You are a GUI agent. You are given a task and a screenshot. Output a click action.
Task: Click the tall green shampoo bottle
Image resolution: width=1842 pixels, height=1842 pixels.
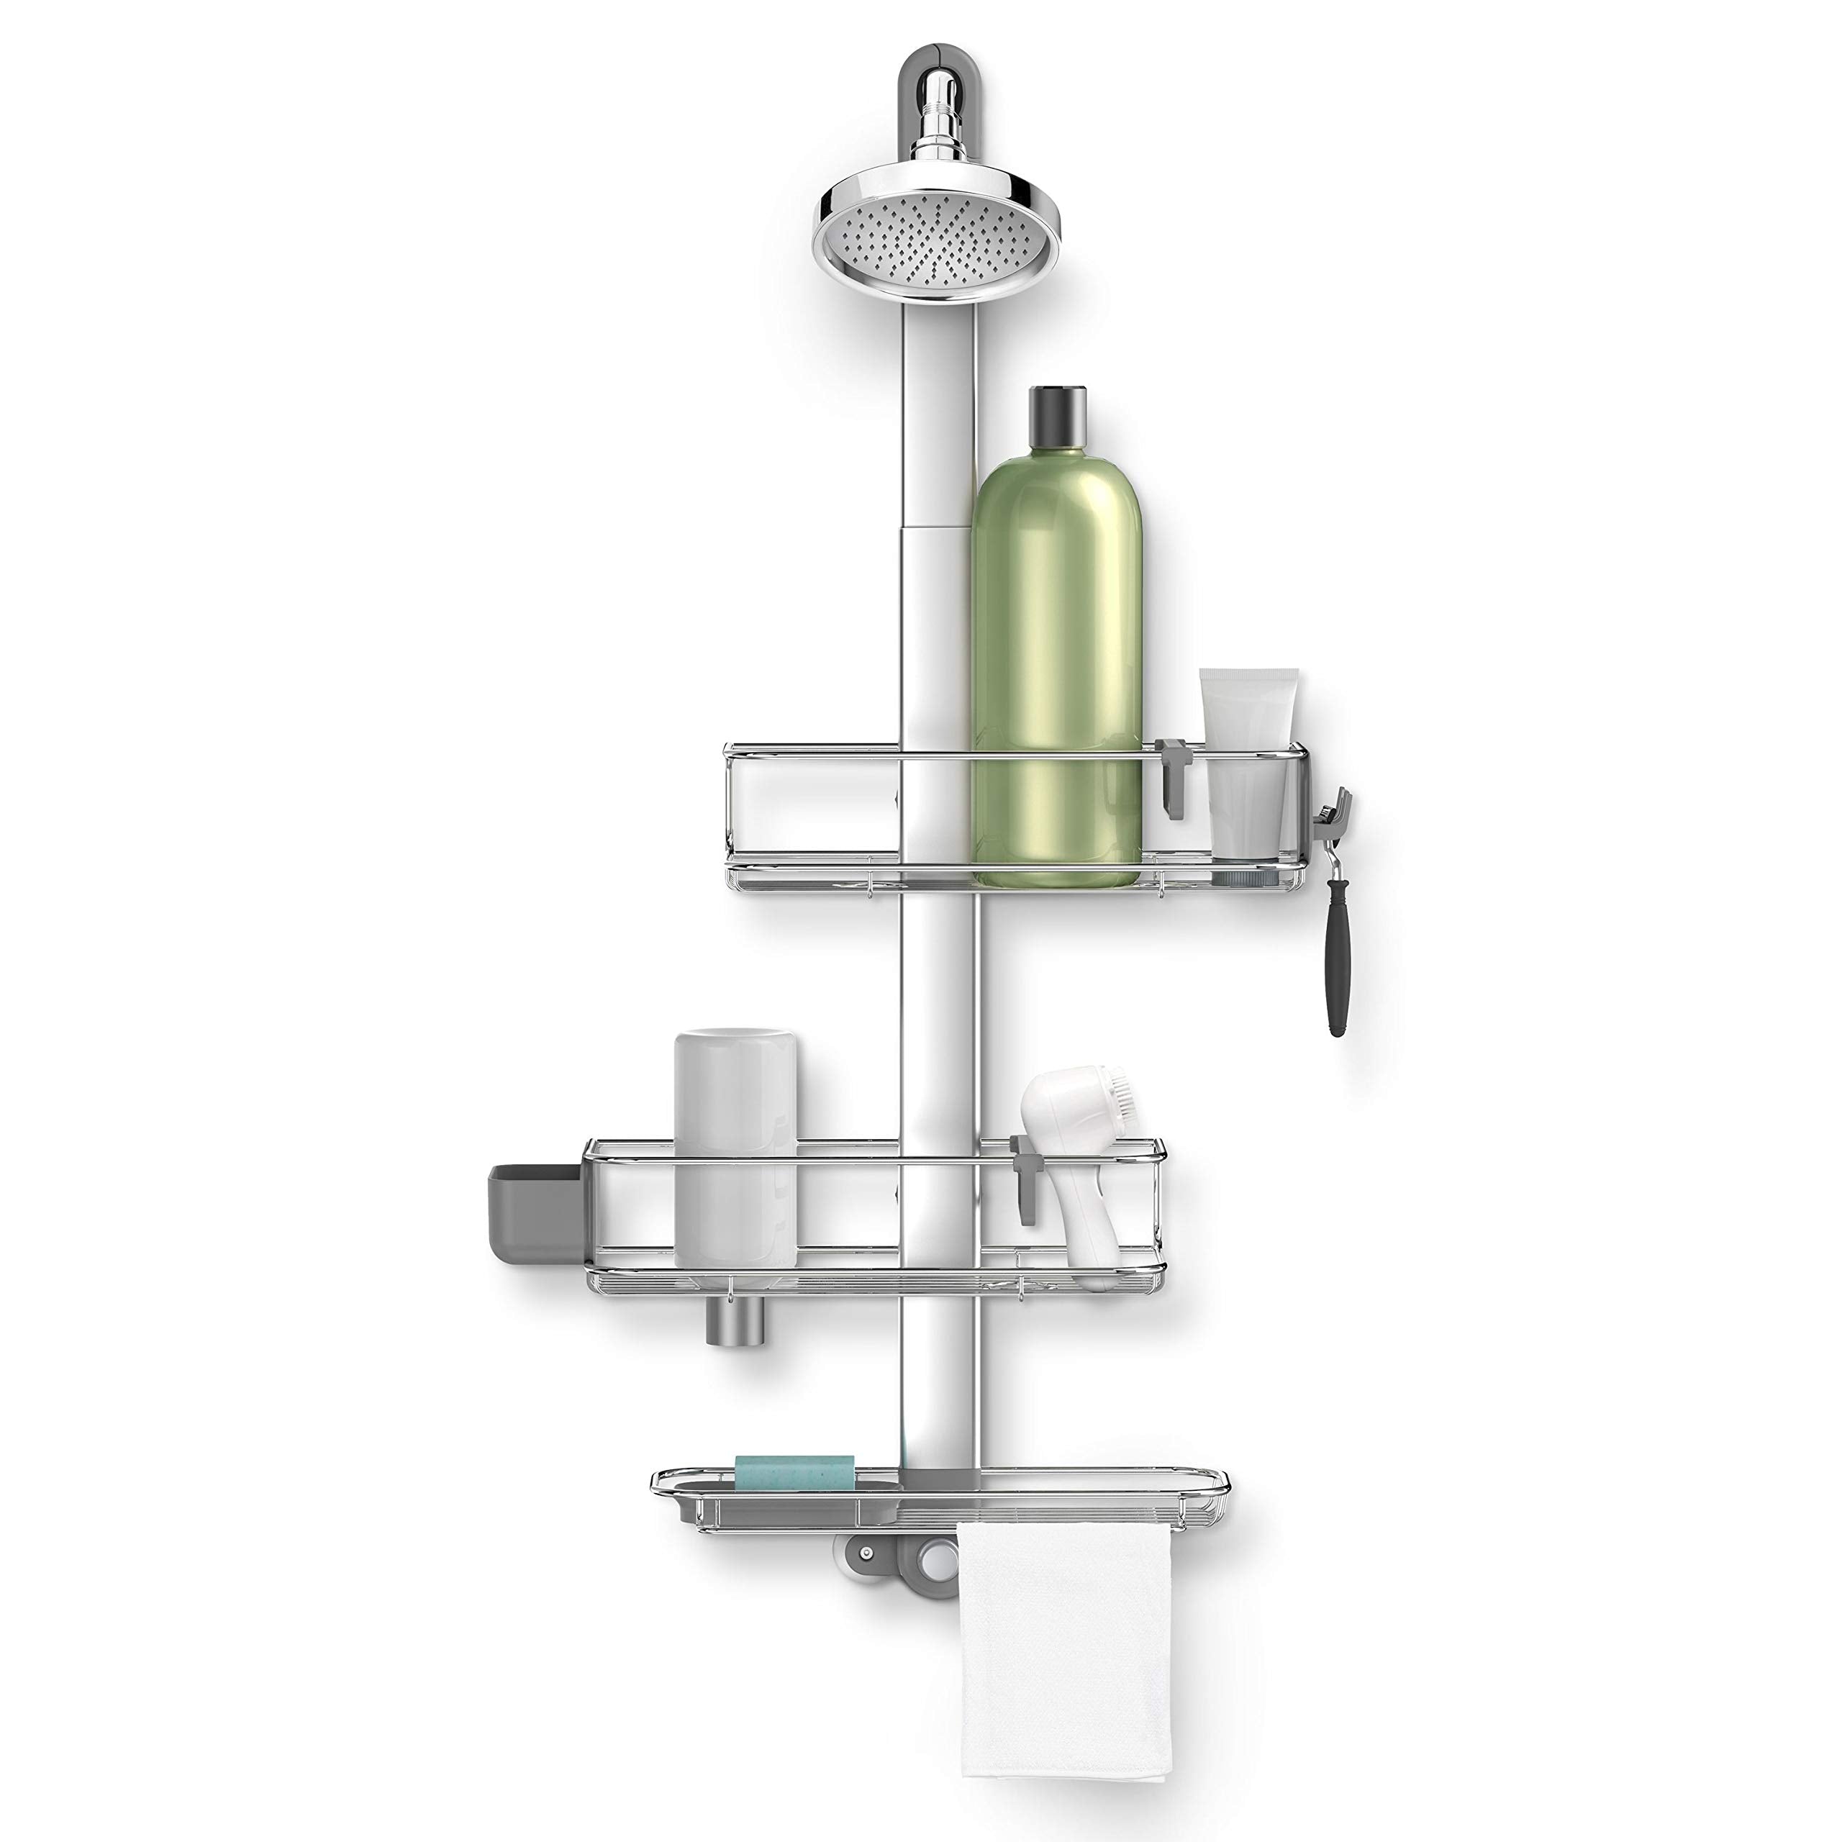1056,668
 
